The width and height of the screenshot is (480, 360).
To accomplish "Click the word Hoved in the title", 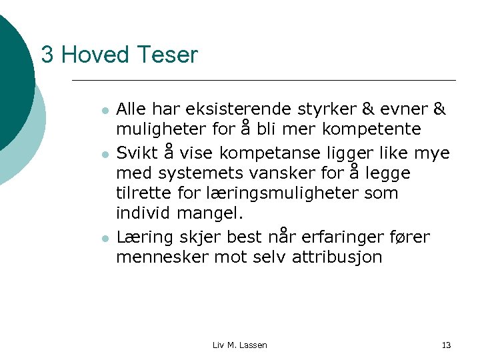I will [90, 55].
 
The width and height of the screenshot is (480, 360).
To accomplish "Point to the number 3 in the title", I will [47, 55].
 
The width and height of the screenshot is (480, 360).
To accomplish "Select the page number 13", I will [446, 345].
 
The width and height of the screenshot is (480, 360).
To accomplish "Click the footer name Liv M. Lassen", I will [239, 345].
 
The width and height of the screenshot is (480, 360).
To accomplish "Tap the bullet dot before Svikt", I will [103, 153].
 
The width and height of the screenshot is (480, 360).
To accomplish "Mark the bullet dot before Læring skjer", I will [103, 237].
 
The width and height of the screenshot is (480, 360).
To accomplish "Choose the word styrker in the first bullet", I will [337, 109].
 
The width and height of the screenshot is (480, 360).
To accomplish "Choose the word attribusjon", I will [337, 257].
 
